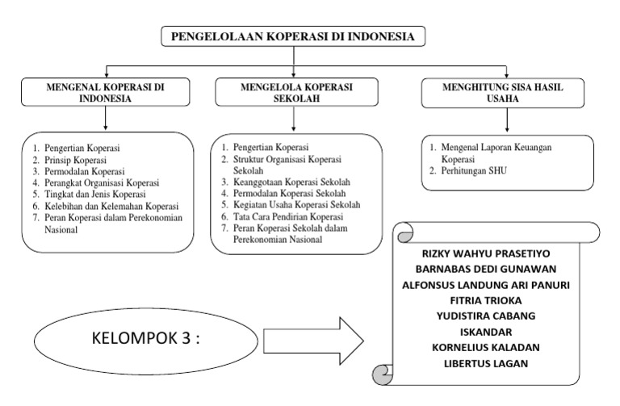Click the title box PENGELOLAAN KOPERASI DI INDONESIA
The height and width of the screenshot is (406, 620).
coord(293,37)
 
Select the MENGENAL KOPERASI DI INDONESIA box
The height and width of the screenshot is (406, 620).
coord(107,93)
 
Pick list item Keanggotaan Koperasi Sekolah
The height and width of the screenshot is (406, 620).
coord(291,182)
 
